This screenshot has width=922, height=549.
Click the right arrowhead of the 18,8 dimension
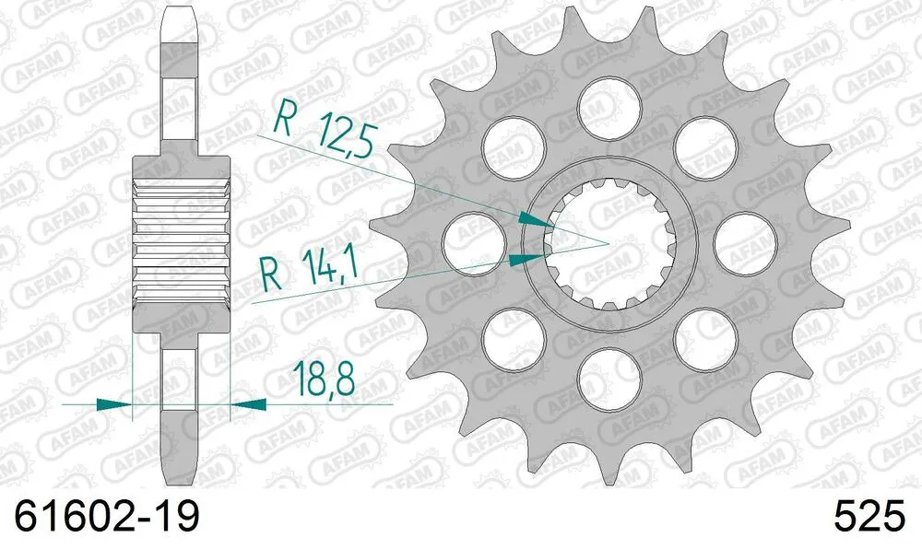click(x=248, y=403)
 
